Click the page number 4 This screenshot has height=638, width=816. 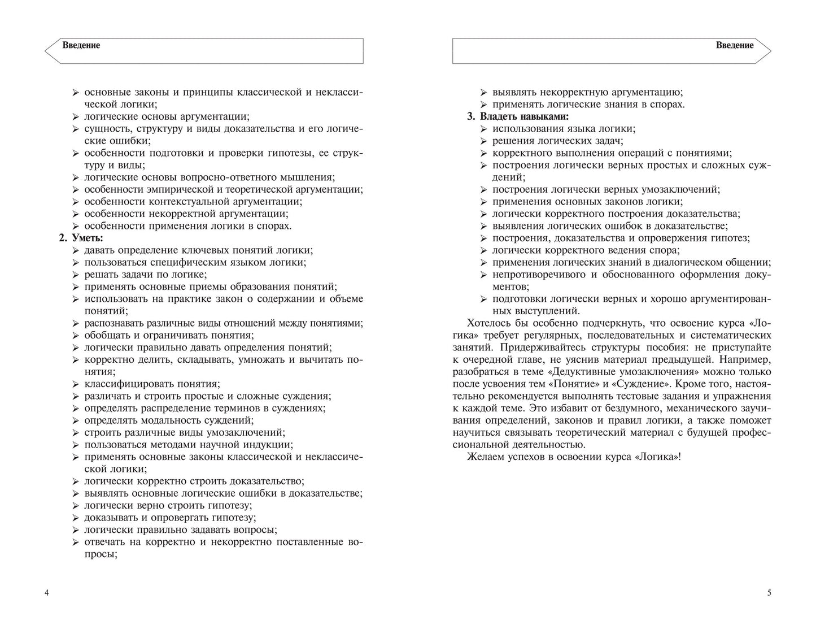pyautogui.click(x=46, y=593)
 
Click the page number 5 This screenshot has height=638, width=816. pyautogui.click(x=769, y=593)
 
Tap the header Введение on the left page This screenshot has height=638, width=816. pyautogui.click(x=81, y=45)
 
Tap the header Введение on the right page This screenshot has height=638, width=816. pyautogui.click(x=734, y=45)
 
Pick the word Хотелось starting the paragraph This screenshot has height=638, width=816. pyautogui.click(x=490, y=323)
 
